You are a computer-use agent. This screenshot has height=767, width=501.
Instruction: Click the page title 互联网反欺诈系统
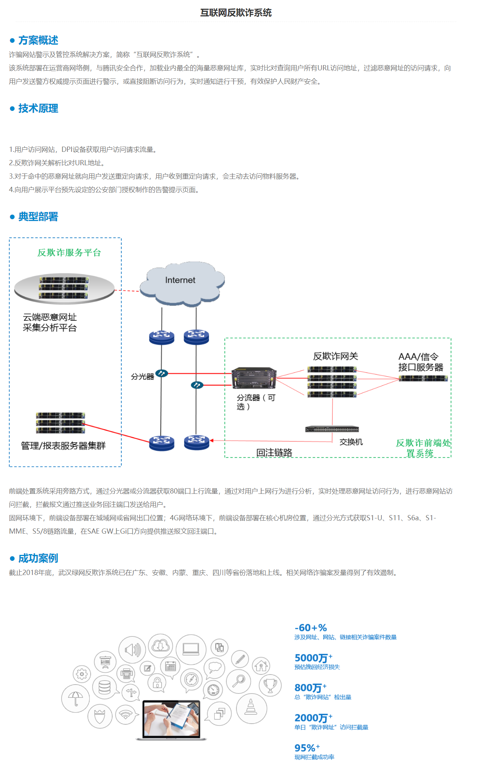click(236, 13)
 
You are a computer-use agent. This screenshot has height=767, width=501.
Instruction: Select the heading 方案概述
click(38, 40)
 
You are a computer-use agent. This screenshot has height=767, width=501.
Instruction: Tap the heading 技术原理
click(38, 108)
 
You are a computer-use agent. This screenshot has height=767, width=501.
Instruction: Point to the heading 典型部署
click(38, 217)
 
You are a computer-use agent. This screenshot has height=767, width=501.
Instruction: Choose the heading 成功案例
click(38, 558)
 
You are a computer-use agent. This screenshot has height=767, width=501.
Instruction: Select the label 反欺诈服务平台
click(69, 253)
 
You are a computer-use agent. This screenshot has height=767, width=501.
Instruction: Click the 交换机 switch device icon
click(332, 429)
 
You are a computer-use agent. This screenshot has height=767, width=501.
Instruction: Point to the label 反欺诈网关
click(335, 357)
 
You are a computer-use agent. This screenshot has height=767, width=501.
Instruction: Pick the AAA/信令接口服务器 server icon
click(423, 378)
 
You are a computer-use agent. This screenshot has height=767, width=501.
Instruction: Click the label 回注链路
click(274, 453)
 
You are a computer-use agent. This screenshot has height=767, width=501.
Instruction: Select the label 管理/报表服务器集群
click(63, 446)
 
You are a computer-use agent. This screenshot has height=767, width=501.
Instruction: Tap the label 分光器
click(142, 377)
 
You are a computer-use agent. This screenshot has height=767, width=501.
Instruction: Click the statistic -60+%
click(311, 628)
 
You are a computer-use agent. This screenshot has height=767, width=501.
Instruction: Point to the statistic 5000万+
click(313, 658)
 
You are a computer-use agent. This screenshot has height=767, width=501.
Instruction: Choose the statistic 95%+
click(307, 748)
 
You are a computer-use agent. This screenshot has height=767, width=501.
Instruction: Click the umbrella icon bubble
click(76, 698)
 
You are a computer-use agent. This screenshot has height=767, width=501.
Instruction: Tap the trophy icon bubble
click(270, 685)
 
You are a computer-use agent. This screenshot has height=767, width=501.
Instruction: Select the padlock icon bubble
click(157, 682)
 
